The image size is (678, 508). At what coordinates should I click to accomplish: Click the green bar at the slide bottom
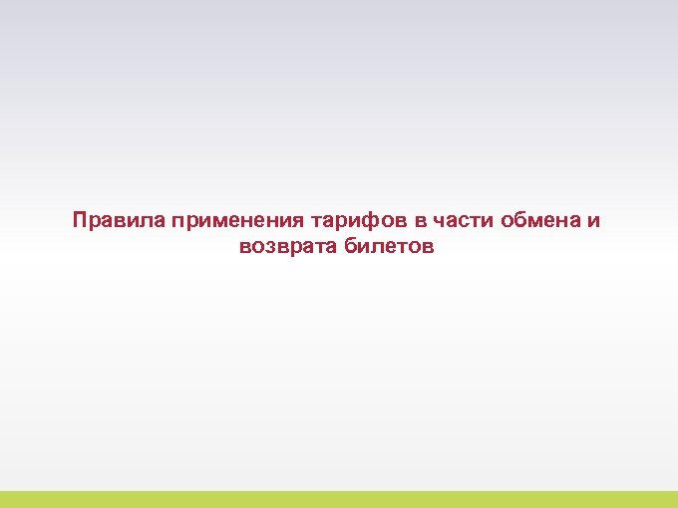pos(339,499)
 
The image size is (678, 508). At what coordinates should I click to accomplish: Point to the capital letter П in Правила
pos(79,220)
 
